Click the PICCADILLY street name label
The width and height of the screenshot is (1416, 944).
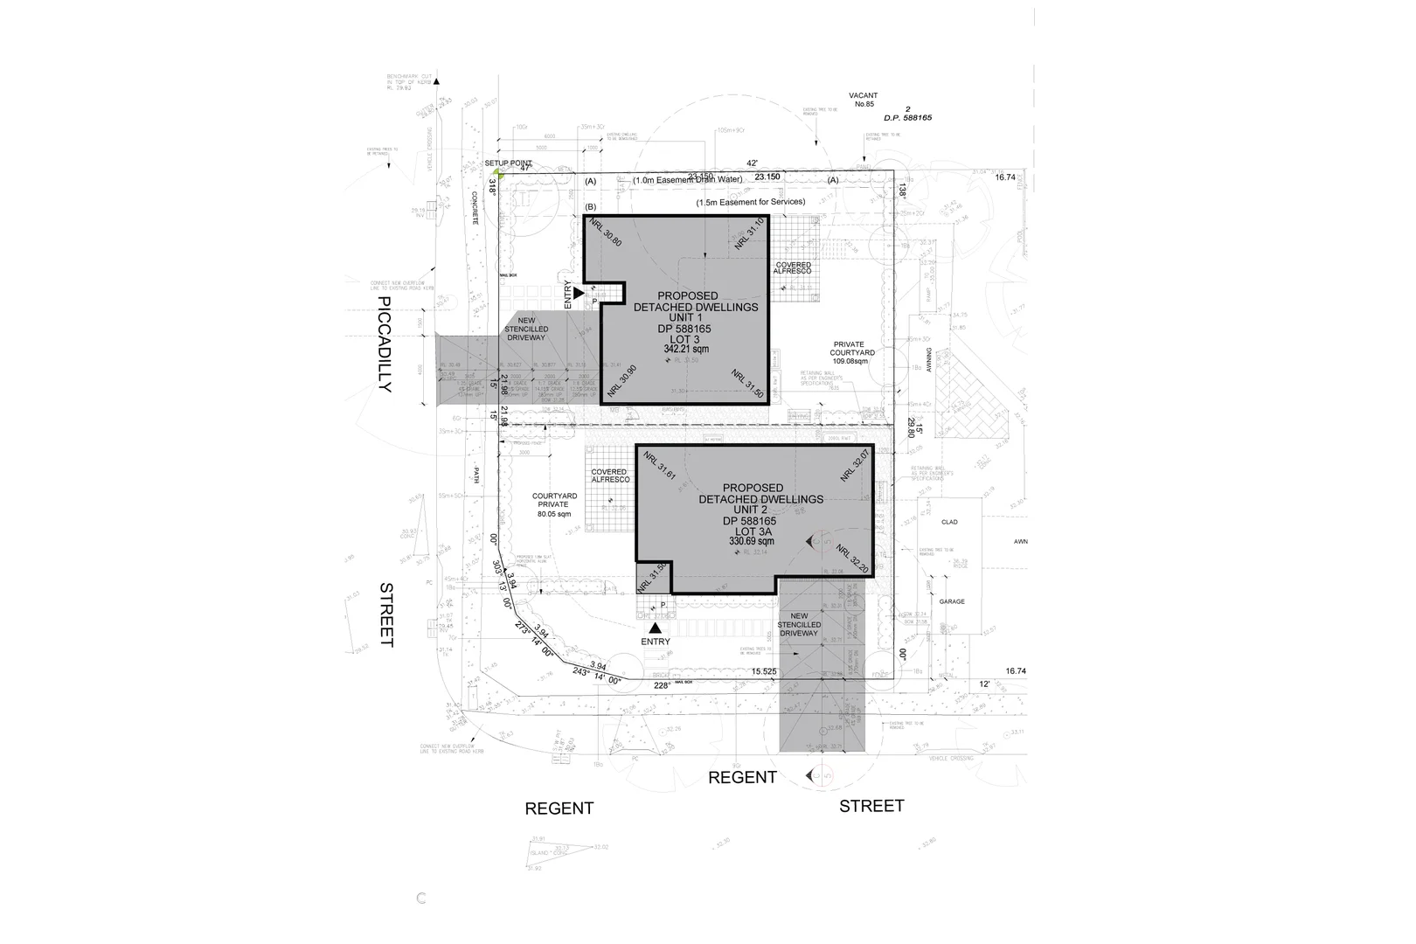click(386, 344)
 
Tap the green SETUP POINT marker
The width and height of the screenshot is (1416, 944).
click(498, 172)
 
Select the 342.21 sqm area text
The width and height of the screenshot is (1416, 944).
click(686, 349)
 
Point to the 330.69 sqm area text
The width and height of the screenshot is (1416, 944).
click(752, 541)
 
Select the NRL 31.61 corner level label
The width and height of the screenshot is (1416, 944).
click(660, 466)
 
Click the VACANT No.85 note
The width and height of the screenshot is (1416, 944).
click(863, 100)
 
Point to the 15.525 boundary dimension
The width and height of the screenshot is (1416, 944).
click(764, 671)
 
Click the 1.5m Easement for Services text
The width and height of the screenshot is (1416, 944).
click(750, 202)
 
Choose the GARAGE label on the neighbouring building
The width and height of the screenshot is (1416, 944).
click(952, 601)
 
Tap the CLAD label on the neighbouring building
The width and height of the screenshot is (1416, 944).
click(949, 522)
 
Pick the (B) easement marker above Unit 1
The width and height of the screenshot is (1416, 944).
click(590, 207)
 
